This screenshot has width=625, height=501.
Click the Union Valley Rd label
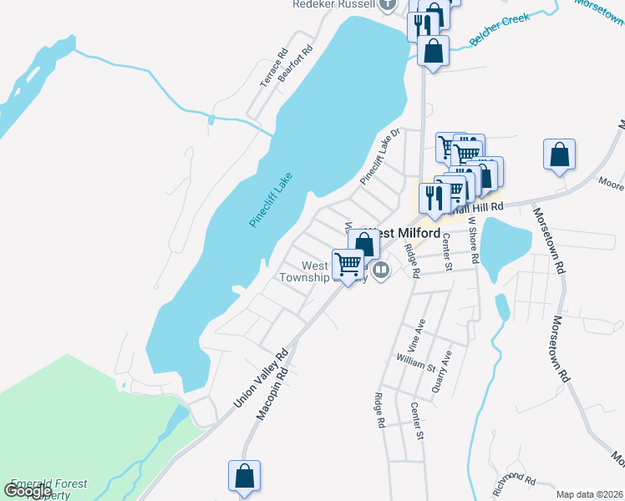(260, 377)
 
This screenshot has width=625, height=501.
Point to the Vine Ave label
(415, 333)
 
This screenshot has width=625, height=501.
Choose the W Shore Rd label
(472, 241)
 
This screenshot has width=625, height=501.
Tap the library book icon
(381, 270)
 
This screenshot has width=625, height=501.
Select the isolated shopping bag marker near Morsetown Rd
(559, 154)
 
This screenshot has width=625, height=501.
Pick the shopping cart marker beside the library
(348, 263)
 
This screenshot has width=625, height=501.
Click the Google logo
(28, 490)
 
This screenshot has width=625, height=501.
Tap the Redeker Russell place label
(333, 4)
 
